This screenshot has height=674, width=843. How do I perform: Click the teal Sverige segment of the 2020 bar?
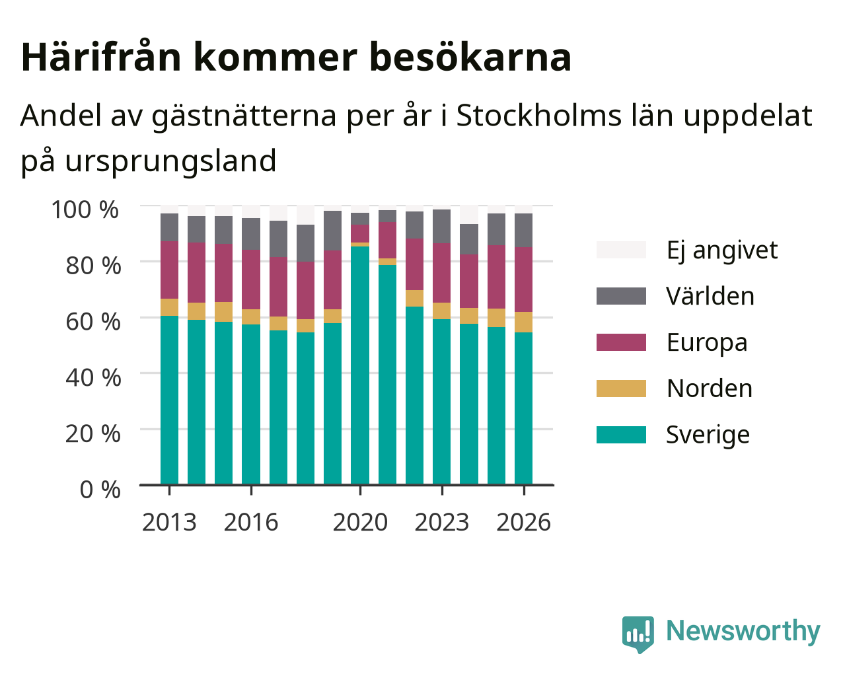tap(359, 365)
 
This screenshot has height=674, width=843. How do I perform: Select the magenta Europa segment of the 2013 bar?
tap(169, 270)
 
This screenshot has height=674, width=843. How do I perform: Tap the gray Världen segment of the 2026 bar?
tap(523, 231)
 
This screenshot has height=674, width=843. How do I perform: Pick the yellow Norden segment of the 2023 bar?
tap(441, 311)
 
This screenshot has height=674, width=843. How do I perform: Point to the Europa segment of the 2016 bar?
tap(250, 280)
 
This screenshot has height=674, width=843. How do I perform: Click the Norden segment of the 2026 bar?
tap(523, 322)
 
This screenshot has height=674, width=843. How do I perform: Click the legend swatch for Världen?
tap(621, 296)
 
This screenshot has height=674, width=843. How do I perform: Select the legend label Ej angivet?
tap(722, 250)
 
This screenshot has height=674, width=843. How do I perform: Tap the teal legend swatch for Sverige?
tap(621, 435)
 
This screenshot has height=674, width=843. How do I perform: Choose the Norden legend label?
tap(710, 389)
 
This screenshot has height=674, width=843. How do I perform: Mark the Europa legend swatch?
tap(621, 342)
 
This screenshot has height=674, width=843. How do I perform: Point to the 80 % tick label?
tap(93, 266)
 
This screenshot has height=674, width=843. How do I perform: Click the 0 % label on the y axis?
tap(100, 490)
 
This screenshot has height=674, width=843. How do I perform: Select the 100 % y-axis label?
tap(85, 209)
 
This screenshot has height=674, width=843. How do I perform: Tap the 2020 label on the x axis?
tap(360, 522)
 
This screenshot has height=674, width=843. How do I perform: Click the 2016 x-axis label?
tap(250, 522)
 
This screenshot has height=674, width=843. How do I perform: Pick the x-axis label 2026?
tap(523, 522)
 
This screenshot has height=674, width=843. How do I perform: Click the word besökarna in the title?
tap(470, 57)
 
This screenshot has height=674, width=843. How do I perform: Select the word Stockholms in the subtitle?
tap(539, 116)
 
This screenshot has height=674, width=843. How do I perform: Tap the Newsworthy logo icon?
tap(638, 634)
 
